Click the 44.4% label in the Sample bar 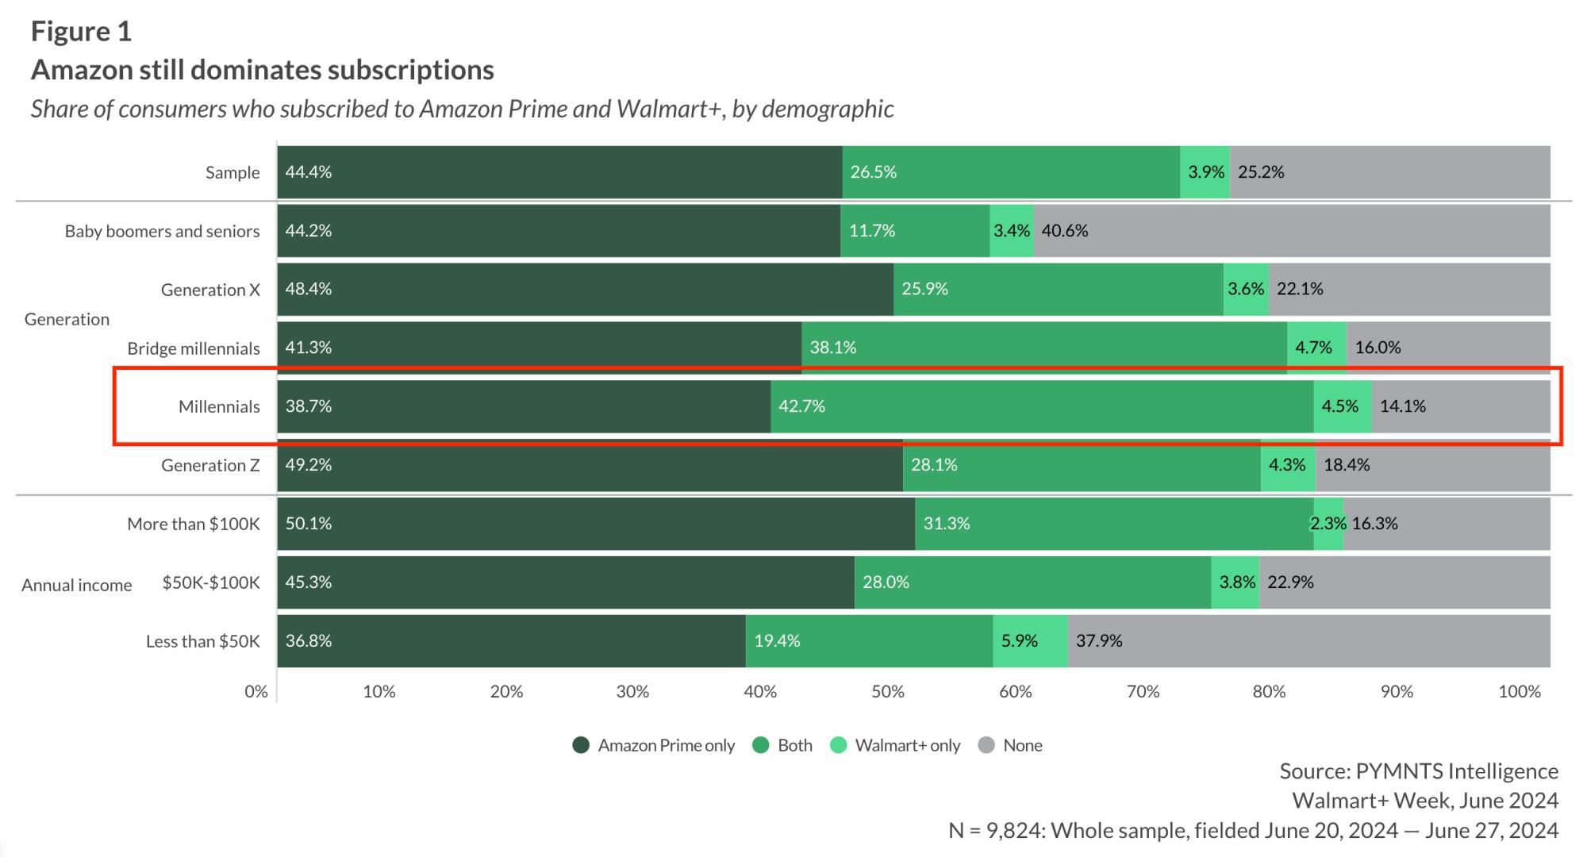coord(309,172)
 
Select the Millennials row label coord(219,407)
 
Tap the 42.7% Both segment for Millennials coord(1041,407)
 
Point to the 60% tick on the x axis coord(1015,692)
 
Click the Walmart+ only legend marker coord(838,746)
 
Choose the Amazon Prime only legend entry coord(654,746)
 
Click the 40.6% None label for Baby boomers coord(1065,231)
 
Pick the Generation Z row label coord(210,466)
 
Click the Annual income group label coord(77,586)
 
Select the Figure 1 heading coord(81,32)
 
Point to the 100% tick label coord(1519,692)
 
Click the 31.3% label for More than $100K coord(947,524)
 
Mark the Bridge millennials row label coord(194,349)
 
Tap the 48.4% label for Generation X coord(309,289)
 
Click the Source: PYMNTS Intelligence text coord(1419,771)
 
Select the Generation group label coord(67,320)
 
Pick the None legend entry coord(1011,746)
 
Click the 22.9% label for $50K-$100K coord(1290,582)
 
